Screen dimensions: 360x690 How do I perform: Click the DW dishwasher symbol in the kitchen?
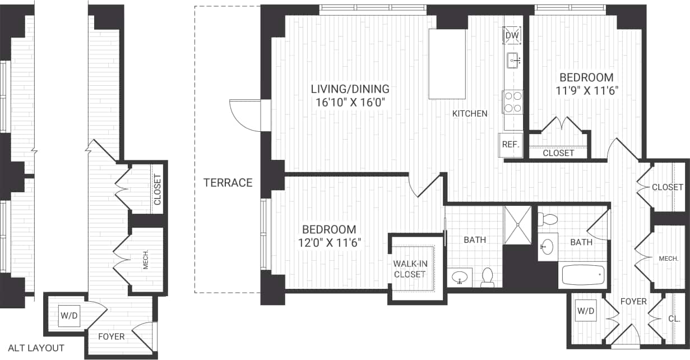tap(512, 36)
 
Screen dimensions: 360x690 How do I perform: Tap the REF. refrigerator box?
tap(509, 144)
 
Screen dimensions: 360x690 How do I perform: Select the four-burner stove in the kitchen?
tap(512, 102)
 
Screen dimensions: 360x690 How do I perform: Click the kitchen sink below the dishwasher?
tap(513, 60)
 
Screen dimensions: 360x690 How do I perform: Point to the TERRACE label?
tap(228, 182)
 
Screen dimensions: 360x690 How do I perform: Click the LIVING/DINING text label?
tap(351, 89)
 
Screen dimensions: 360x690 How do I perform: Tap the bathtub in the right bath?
tap(584, 275)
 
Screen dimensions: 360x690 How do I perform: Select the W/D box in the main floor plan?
tap(586, 310)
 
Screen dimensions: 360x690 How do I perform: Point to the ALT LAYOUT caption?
tap(36, 348)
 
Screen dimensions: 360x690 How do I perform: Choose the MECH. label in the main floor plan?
tap(668, 258)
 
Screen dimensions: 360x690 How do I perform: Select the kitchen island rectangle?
tap(447, 64)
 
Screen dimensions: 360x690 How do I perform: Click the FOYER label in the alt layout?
tap(112, 336)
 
